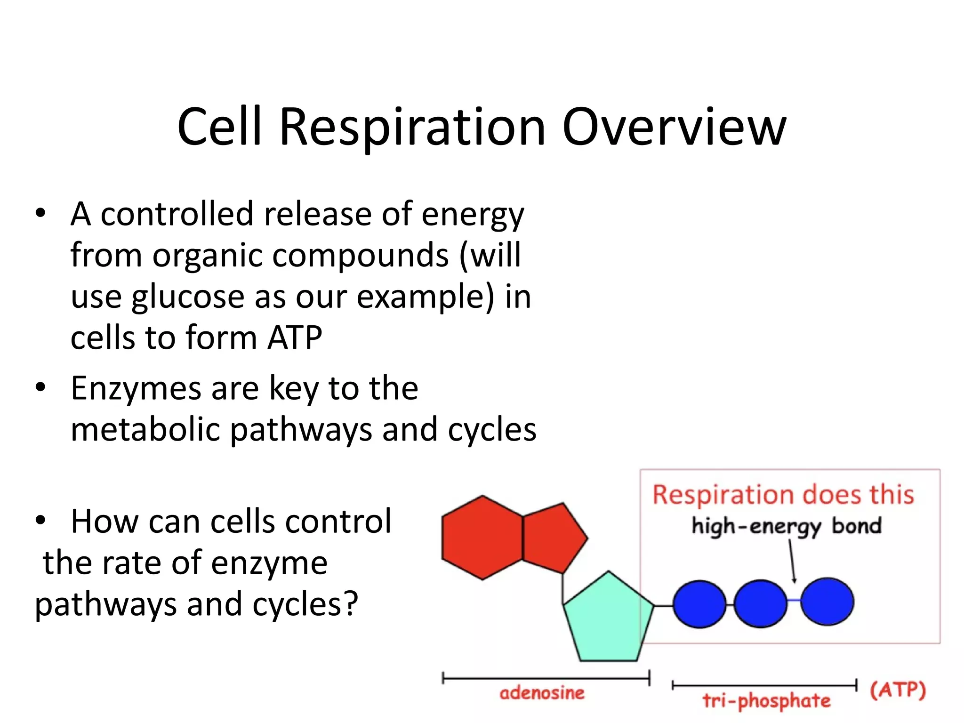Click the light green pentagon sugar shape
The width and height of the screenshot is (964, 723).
pos(608,619)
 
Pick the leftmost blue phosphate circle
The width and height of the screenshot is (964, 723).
pos(699,604)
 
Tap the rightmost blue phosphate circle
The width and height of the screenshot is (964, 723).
pos(827,602)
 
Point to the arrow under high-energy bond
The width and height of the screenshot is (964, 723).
pos(792,560)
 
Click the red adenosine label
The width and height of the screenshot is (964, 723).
pos(542,693)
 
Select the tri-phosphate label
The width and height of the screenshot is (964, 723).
pos(766,700)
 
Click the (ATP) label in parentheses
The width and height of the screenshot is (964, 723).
pos(898,690)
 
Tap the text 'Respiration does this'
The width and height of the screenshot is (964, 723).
pos(783,495)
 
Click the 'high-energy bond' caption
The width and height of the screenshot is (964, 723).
pos(786,526)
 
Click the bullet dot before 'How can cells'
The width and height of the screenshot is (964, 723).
pos(40,521)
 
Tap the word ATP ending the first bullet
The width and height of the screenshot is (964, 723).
pos(295,337)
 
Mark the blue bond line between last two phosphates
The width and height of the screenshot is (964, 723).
pos(794,600)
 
